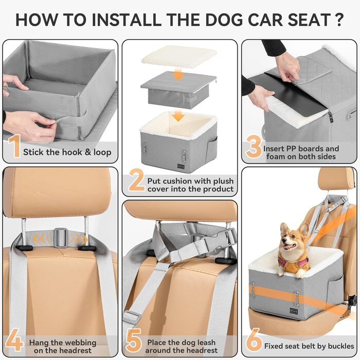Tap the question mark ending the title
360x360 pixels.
click(x=338, y=20)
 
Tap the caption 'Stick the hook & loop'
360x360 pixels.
click(x=66, y=152)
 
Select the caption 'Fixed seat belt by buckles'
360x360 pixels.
click(x=309, y=346)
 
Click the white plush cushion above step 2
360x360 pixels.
click(x=179, y=57)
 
